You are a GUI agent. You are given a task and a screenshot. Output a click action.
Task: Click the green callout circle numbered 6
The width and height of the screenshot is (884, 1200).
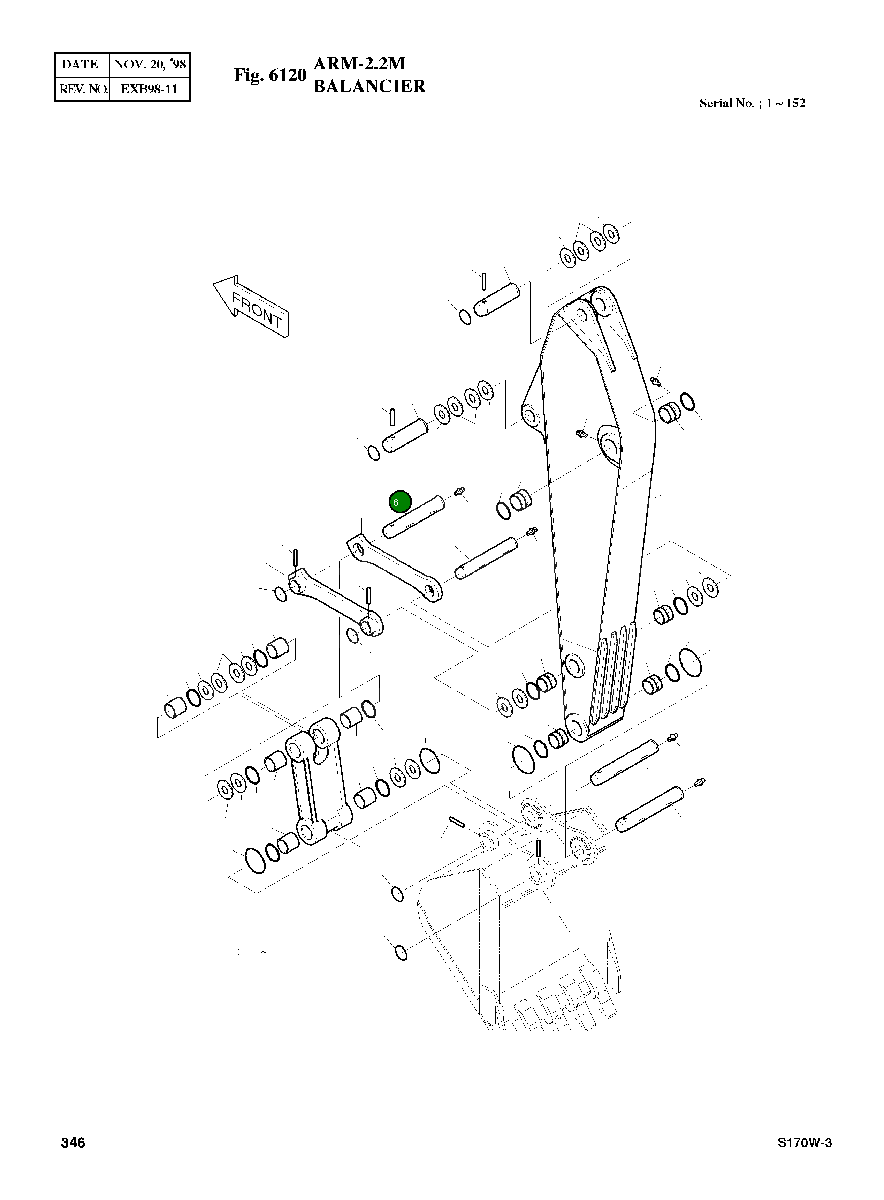tap(400, 502)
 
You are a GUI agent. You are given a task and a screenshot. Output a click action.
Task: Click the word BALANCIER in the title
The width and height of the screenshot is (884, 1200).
tap(369, 86)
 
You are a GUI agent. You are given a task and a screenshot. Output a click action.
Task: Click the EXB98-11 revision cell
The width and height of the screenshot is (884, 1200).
tap(149, 89)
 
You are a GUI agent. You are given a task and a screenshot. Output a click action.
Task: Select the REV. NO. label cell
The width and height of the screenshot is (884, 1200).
tap(82, 89)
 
